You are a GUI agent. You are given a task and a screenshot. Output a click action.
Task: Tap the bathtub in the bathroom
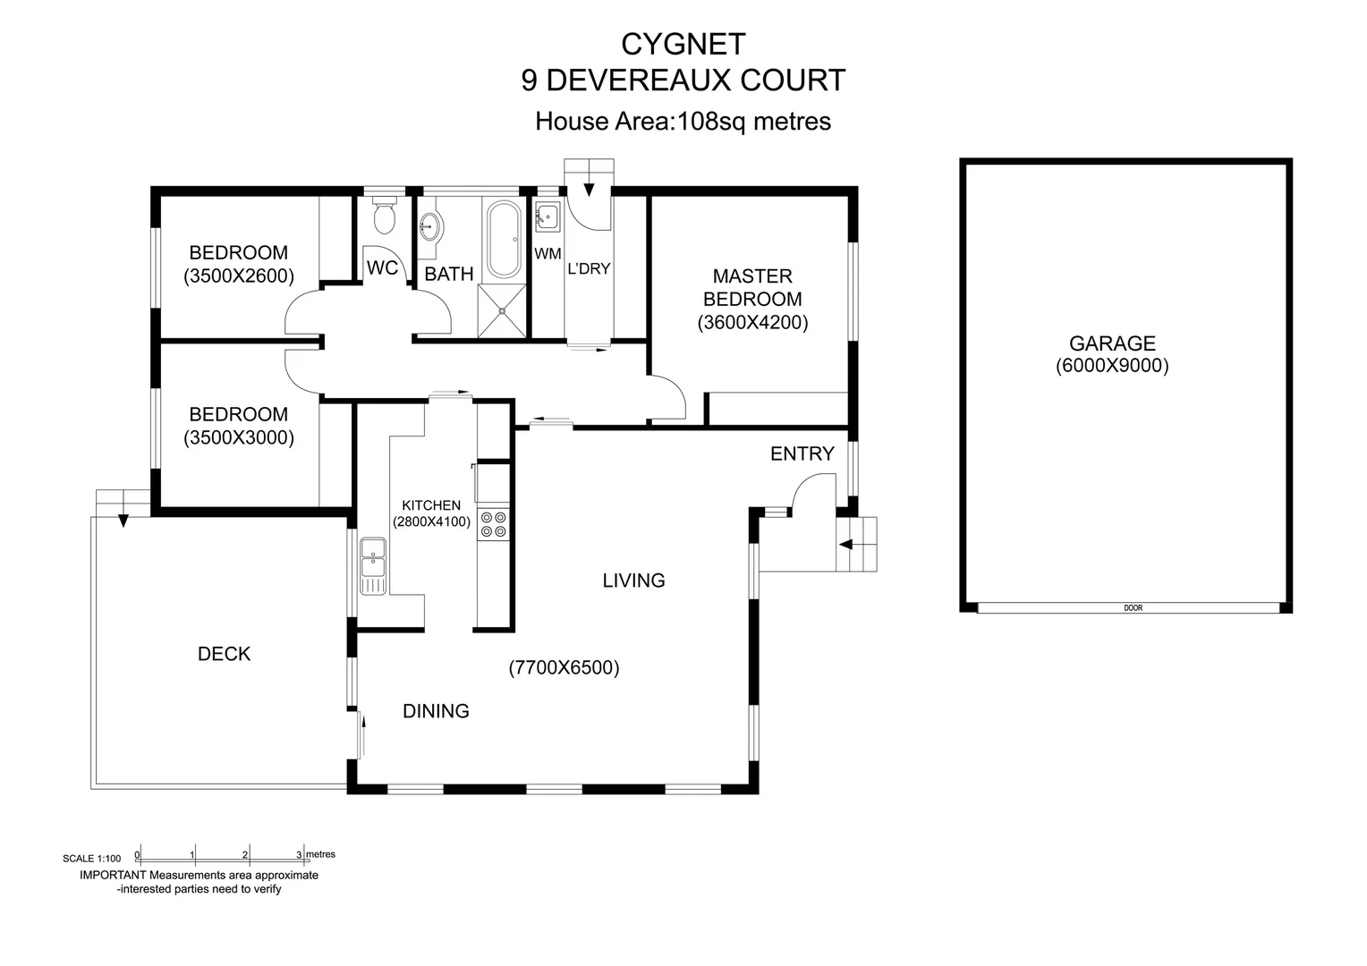tap(503, 240)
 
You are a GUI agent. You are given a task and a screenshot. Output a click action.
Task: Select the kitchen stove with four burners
tap(493, 524)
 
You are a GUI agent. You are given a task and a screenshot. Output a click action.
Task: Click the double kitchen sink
tap(372, 566)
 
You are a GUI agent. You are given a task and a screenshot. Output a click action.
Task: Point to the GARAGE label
tap(1112, 343)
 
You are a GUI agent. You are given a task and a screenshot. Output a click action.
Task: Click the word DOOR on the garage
tap(1133, 608)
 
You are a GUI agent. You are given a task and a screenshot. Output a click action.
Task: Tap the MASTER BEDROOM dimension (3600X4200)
tap(752, 323)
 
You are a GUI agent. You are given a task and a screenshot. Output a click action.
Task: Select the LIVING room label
tap(633, 580)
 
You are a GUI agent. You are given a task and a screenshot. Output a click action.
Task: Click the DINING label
tap(436, 711)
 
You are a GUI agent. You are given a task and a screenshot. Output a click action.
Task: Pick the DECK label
tap(224, 654)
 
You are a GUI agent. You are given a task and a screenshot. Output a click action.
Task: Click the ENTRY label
tap(802, 453)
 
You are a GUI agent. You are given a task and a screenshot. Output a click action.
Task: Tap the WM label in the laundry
tap(548, 255)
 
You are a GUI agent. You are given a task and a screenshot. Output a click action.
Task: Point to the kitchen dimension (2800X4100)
tap(431, 521)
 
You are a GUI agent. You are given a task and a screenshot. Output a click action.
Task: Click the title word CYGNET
tap(683, 43)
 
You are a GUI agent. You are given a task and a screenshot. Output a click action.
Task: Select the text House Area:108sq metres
tap(683, 121)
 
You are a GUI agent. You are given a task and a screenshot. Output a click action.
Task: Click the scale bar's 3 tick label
tap(299, 855)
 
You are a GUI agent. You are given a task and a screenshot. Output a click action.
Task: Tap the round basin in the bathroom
tap(430, 225)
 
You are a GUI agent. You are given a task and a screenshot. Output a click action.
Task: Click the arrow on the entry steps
tap(845, 544)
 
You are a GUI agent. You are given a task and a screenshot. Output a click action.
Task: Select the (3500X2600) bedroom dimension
tap(239, 276)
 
